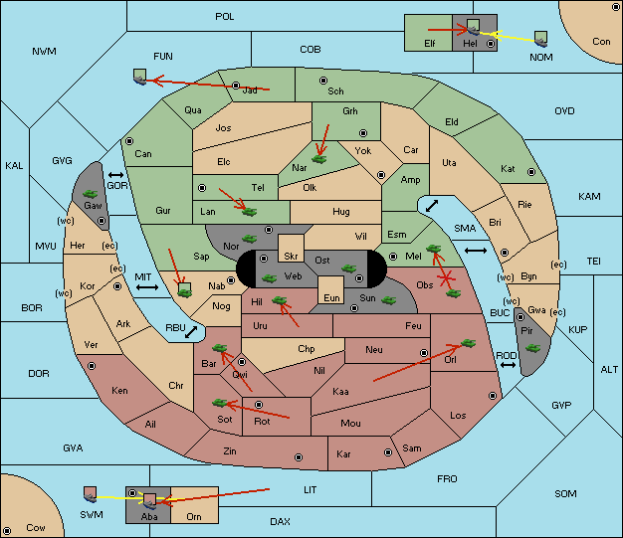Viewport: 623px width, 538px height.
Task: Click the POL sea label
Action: click(x=225, y=17)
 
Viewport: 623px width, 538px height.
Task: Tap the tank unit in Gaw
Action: click(x=91, y=194)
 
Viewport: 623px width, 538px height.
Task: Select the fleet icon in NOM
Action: click(x=540, y=40)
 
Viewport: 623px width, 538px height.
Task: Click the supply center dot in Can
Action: click(x=129, y=141)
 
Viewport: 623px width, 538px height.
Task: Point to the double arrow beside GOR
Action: click(x=115, y=175)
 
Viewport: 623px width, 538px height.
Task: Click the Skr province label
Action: click(x=291, y=257)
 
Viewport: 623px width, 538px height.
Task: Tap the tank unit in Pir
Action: click(x=532, y=348)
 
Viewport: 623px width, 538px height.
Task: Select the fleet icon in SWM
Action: click(x=91, y=494)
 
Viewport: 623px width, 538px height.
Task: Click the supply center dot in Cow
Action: click(x=7, y=531)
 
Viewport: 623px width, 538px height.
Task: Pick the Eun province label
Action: click(x=331, y=297)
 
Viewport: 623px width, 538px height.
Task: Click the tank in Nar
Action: click(x=319, y=159)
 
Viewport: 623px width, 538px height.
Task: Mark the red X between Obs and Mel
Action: click(x=446, y=278)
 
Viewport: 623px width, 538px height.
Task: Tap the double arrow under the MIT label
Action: click(x=147, y=287)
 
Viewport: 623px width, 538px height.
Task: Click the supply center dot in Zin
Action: click(x=299, y=457)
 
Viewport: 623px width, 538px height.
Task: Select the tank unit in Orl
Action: click(x=469, y=343)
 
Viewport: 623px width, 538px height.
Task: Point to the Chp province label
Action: click(x=307, y=349)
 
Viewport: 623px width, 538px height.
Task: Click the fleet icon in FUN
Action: click(x=140, y=77)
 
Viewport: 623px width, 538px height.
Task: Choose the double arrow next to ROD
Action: click(x=508, y=365)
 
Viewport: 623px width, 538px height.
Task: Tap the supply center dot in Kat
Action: click(x=531, y=172)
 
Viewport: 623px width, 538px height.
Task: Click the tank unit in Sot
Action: click(x=220, y=403)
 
